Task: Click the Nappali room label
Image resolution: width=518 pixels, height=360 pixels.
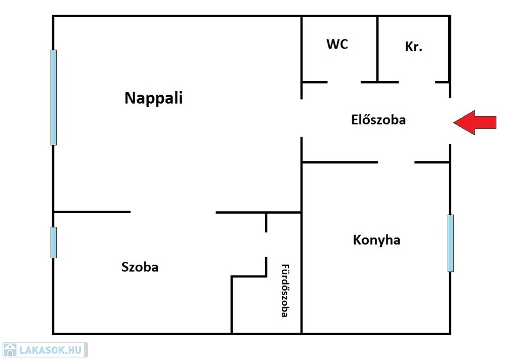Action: pos(153,98)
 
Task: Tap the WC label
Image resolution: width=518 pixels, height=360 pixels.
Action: pos(337,44)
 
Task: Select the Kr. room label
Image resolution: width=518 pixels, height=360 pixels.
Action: pos(413,47)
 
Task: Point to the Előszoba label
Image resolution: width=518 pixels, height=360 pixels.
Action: pos(378,120)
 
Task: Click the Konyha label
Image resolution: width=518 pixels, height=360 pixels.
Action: pos(376,239)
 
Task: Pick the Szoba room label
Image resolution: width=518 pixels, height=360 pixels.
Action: pos(140,267)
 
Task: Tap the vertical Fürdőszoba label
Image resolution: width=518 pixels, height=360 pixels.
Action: pos(284,291)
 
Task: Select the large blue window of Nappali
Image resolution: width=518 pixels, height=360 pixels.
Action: pos(54,97)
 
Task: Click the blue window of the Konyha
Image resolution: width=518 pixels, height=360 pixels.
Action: pos(450,243)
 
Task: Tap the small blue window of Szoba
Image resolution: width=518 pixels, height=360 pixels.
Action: pos(54,242)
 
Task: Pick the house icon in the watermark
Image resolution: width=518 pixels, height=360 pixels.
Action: pos(10,350)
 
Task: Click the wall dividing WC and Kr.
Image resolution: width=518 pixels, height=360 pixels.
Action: pos(377,48)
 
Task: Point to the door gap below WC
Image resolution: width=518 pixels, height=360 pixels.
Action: pos(344,82)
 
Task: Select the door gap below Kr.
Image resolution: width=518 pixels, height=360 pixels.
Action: pos(417,82)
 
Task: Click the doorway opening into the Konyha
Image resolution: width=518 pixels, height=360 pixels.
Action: pos(396,162)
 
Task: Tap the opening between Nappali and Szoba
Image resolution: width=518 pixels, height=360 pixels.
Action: pos(173,212)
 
